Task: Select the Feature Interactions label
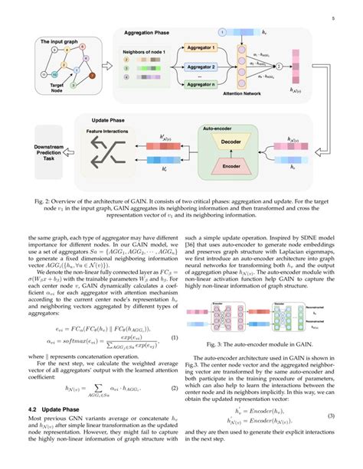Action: click(106, 132)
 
